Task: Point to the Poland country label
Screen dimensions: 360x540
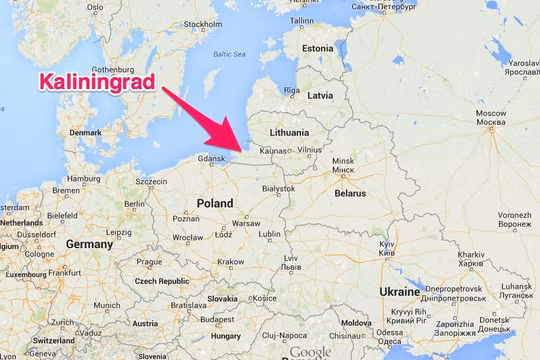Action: [x=215, y=202]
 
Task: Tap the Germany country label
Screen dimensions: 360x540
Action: [x=88, y=244]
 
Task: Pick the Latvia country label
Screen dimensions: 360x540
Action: [x=320, y=95]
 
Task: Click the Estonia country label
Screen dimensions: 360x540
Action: [x=317, y=48]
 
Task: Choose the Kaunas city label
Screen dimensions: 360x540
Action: [x=273, y=150]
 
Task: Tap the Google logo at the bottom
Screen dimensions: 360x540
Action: [x=311, y=352]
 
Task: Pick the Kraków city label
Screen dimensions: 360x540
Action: [x=230, y=262]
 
